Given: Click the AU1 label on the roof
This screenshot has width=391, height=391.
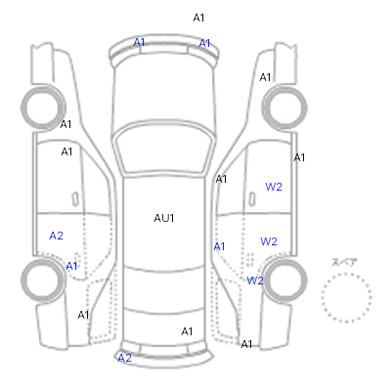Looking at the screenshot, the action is tap(164, 218).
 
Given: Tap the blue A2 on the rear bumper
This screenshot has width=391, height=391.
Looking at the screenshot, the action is tap(124, 358).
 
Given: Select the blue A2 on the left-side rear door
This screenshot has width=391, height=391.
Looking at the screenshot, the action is tap(56, 236).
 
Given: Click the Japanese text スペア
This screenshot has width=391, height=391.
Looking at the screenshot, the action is tap(344, 262).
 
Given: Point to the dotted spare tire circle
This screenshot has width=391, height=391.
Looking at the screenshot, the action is tap(346, 274).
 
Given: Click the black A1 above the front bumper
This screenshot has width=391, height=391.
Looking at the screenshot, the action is tap(198, 18).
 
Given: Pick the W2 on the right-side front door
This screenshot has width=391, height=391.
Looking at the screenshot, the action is tap(274, 187).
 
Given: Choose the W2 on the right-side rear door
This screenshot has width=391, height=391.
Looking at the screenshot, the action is tap(269, 241).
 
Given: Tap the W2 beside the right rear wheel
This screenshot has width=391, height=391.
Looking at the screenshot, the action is tap(255, 281).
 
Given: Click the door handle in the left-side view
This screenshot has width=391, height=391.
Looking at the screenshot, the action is tap(75, 198).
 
